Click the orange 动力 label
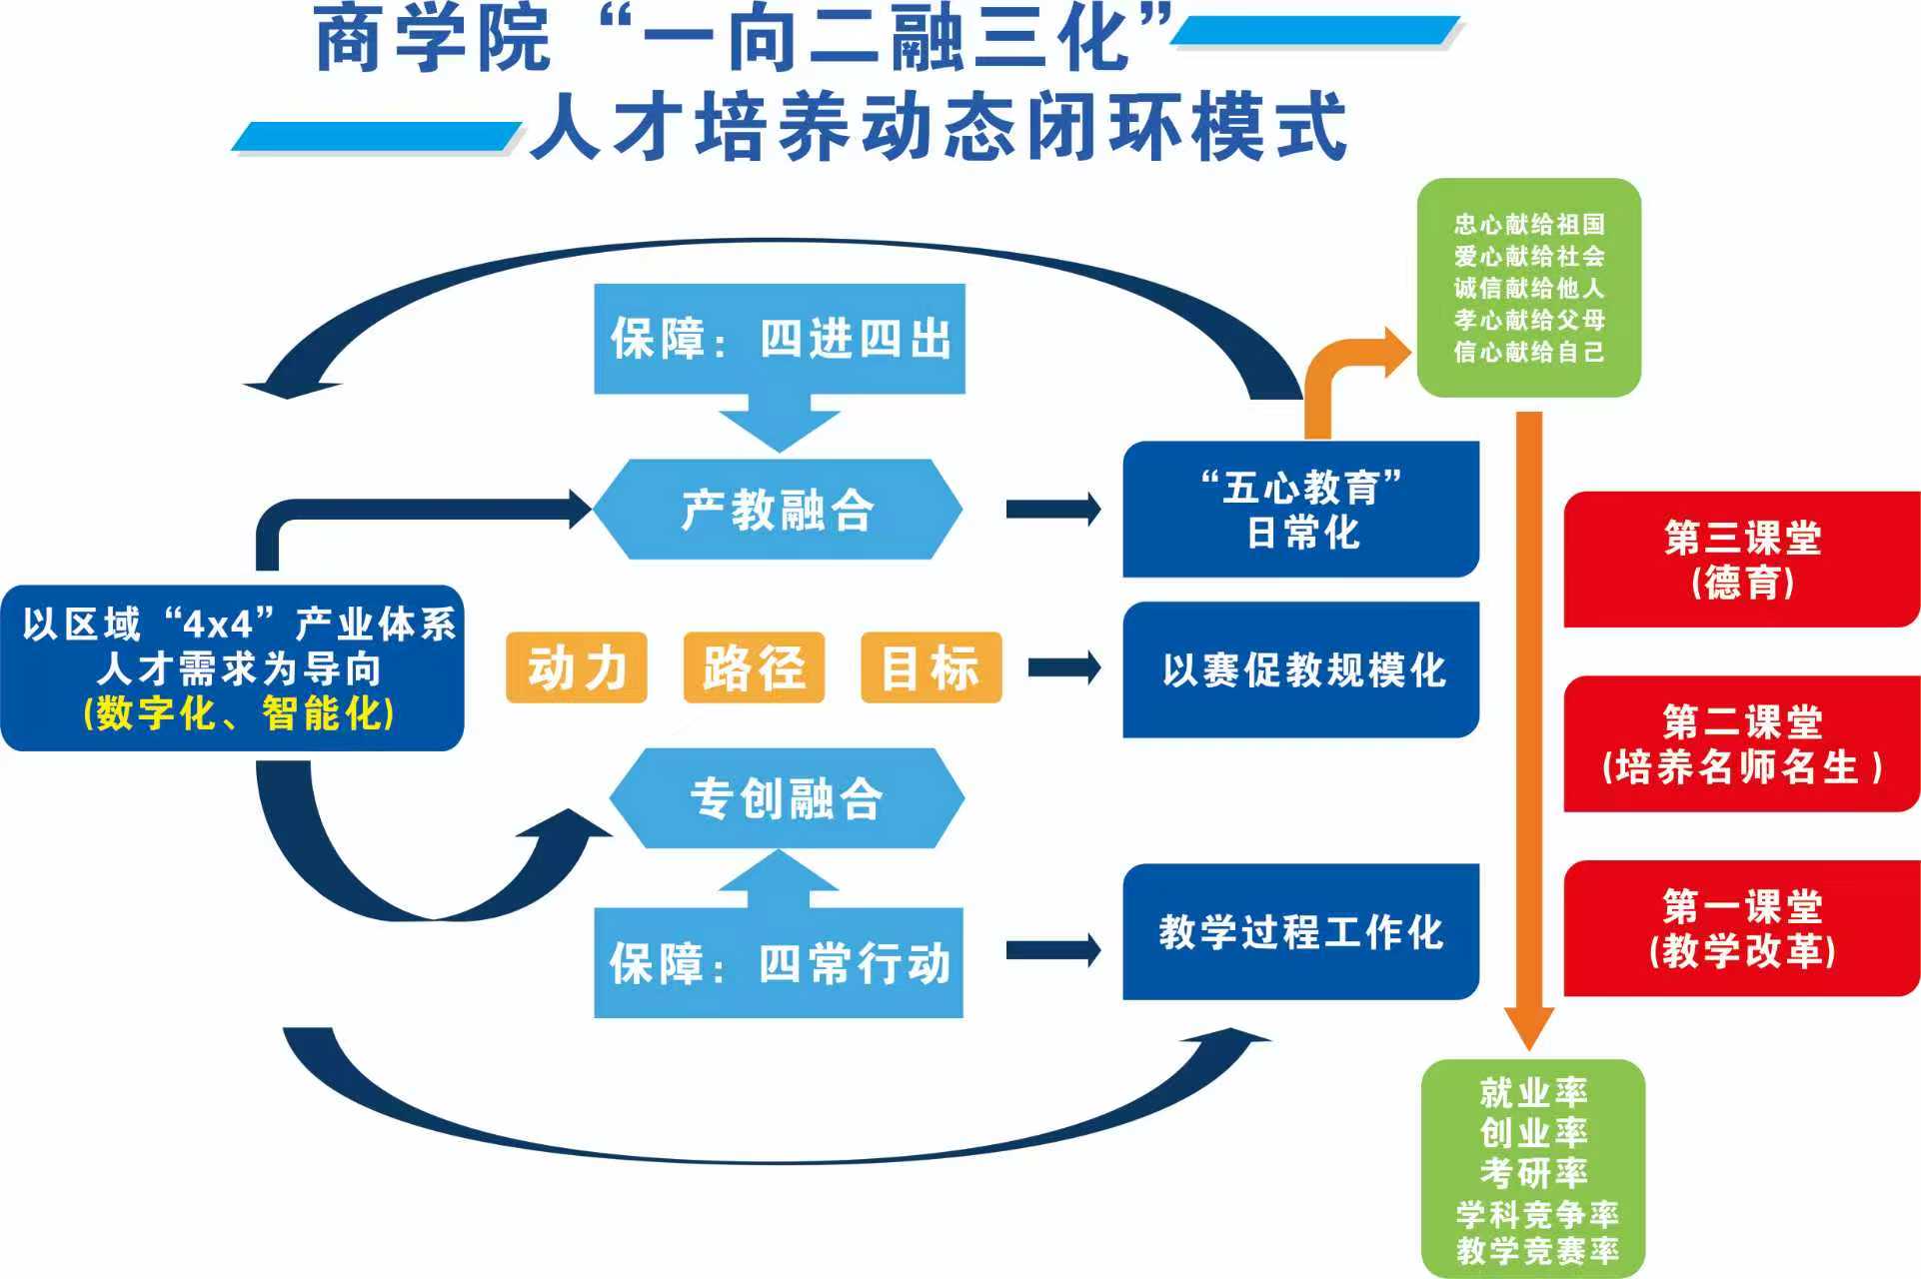(x=577, y=667)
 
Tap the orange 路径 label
(x=754, y=667)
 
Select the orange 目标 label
(x=931, y=667)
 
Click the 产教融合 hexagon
(x=778, y=509)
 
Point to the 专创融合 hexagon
(x=787, y=798)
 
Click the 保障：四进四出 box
(x=780, y=339)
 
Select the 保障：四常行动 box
(x=779, y=963)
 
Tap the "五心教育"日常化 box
(x=1300, y=509)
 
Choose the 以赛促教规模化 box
(x=1300, y=669)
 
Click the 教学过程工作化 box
(x=1300, y=931)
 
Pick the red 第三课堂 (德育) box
(x=1741, y=560)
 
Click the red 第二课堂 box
(x=1741, y=743)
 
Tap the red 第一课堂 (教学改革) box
(x=1741, y=928)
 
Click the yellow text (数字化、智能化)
(x=239, y=713)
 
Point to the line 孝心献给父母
(x=1529, y=320)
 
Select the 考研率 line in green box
(x=1533, y=1171)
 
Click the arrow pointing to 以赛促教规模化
(x=1064, y=667)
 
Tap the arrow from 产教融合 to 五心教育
(x=1053, y=510)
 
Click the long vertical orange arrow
(x=1529, y=719)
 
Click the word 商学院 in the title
(x=432, y=40)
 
